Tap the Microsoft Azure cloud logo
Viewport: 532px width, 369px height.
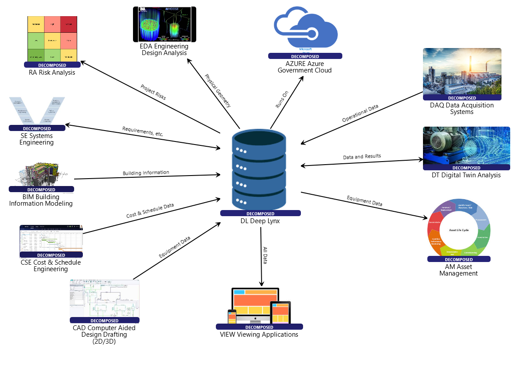tap(305, 30)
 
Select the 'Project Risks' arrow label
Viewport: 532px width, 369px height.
tap(153, 92)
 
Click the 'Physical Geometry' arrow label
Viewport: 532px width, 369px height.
tap(218, 90)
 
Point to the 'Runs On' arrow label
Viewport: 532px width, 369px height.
tap(282, 100)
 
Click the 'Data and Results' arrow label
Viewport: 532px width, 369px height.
tap(361, 156)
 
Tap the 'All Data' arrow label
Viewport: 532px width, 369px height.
tap(265, 255)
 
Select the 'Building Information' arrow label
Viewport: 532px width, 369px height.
tap(146, 173)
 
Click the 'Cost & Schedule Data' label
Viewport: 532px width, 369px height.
tap(150, 210)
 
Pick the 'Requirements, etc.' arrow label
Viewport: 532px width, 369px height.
tap(143, 131)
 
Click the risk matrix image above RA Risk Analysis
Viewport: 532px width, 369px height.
tap(52, 39)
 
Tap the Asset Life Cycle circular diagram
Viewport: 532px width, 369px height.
tap(459, 228)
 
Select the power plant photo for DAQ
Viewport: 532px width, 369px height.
tap(462, 72)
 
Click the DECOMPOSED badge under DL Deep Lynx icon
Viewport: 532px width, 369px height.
tap(260, 214)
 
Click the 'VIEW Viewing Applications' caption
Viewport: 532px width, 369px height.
tap(259, 335)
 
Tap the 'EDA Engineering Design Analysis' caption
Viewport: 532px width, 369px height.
tap(164, 49)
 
